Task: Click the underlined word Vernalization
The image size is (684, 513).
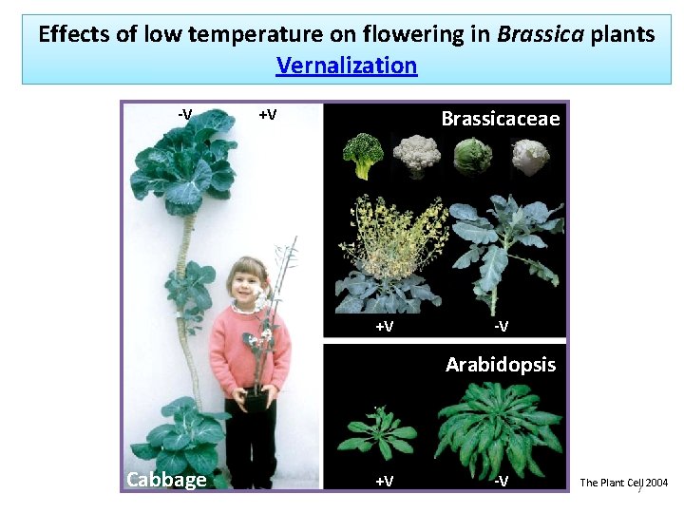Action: pos(346,66)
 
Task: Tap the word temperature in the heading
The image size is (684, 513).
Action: pos(241,35)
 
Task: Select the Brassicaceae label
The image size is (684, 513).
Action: pos(501,119)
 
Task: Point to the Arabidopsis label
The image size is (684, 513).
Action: pos(501,365)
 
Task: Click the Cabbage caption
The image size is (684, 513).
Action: pos(166,479)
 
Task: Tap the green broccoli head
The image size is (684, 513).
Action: pos(364,155)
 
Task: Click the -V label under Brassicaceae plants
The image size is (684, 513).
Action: pos(501,327)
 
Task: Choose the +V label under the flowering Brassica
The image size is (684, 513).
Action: pos(384,327)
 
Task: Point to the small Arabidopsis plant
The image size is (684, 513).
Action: pos(384,435)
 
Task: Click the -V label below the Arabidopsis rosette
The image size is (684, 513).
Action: pos(500,481)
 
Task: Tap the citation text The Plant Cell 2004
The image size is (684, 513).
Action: pos(623,483)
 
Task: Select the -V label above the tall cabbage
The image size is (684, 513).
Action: pos(185,115)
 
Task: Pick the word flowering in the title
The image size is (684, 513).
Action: pos(401,35)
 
